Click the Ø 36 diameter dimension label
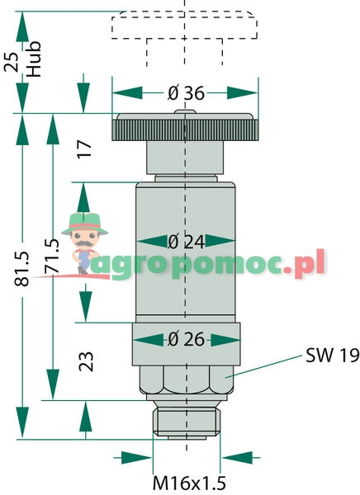point(186,93)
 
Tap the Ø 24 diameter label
point(186,242)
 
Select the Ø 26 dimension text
point(186,340)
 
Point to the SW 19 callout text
point(332,356)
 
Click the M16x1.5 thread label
point(189,483)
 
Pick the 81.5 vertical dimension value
point(22,269)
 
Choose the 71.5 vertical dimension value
point(51,256)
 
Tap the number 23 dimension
point(86,361)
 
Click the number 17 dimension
point(84,148)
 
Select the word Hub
point(34,59)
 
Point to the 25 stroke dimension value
point(12,62)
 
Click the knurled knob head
point(186,128)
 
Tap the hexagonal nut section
point(187,379)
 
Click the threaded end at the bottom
point(187,422)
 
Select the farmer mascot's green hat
point(85,224)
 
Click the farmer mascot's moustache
point(84,243)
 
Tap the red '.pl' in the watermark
point(304,265)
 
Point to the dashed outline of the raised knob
point(184,26)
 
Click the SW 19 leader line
point(263,366)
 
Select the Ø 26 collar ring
point(186,344)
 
